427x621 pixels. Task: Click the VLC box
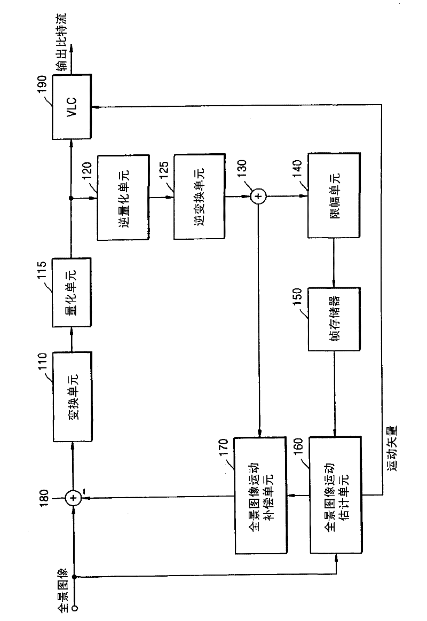[x=72, y=107]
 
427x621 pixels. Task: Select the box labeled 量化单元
[x=72, y=293]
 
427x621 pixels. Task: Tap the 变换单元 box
[x=73, y=396]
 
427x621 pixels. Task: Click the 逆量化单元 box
[x=123, y=197]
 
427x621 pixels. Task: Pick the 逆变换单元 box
[x=200, y=196]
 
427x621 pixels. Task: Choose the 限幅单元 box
[x=334, y=195]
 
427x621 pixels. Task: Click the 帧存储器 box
[x=334, y=319]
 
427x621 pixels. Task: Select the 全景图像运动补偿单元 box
[x=260, y=495]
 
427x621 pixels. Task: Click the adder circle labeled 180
[x=73, y=498]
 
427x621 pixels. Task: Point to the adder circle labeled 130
[x=258, y=196]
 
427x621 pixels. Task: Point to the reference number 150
[x=297, y=297]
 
